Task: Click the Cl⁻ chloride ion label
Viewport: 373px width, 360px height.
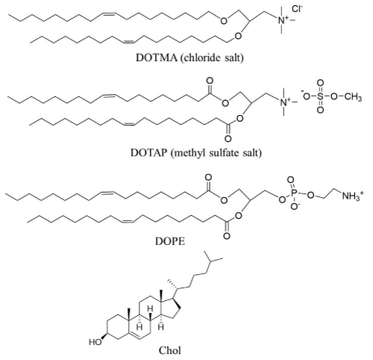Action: click(298, 9)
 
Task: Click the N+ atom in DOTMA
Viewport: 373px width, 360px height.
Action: click(283, 19)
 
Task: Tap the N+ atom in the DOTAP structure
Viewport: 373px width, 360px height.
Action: click(284, 102)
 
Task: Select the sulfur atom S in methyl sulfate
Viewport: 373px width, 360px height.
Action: click(321, 96)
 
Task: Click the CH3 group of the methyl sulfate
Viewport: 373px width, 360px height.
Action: click(353, 97)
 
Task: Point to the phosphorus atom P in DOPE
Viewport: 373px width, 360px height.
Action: click(294, 193)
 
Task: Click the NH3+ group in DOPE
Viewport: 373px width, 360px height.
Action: click(352, 196)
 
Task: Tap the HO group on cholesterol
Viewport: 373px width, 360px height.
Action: click(95, 342)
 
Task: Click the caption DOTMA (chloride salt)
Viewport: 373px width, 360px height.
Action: click(189, 58)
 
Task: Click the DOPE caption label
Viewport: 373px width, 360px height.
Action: click(170, 241)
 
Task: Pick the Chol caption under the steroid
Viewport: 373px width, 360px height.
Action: click(170, 351)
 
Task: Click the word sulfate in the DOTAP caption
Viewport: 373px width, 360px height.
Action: click(225, 152)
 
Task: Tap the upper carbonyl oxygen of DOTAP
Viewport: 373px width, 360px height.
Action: click(210, 81)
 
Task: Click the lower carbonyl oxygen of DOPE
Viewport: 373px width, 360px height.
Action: click(227, 235)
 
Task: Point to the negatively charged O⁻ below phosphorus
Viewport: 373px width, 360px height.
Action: click(295, 207)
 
